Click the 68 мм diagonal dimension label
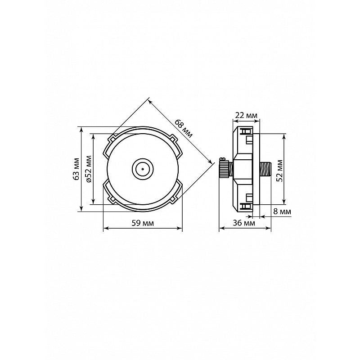(184, 128)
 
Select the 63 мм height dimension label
(76, 169)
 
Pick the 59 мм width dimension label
(143, 223)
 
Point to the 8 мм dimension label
(282, 211)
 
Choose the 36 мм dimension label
(244, 223)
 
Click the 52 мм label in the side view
(279, 171)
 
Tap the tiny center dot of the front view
(143, 169)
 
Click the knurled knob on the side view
(224, 169)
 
